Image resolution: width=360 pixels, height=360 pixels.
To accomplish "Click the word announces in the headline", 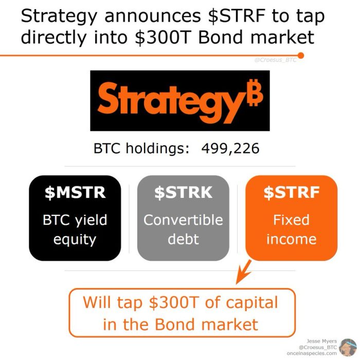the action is pos(153,16).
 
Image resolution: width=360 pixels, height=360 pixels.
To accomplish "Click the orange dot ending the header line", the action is pos(301,56).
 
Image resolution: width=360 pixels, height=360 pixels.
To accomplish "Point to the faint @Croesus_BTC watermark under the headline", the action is pos(275,60).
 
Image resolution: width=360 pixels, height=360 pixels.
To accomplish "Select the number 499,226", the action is pos(230,149).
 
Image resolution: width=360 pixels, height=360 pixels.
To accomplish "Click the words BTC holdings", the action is pos(141,148).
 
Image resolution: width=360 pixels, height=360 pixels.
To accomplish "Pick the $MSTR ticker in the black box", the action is pos(75,192).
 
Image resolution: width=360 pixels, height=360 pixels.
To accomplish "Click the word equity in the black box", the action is pos(75,240).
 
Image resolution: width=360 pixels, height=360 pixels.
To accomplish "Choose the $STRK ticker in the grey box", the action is pos(183,192).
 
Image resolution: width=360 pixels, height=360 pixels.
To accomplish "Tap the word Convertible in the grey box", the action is pos(183,220).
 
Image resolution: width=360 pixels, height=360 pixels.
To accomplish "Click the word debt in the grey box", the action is pos(183,239).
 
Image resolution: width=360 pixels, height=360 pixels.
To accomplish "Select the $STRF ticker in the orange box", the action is pos(292,192).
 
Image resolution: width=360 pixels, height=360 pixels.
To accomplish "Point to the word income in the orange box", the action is pos(292,239).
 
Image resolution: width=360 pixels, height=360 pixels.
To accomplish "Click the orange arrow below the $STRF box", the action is pos(243,272).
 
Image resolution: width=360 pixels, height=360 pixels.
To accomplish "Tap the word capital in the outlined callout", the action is pos(252,303).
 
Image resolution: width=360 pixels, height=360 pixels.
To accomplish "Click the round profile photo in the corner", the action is pos(348,347).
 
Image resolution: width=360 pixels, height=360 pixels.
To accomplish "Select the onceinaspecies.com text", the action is pos(312,353).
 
